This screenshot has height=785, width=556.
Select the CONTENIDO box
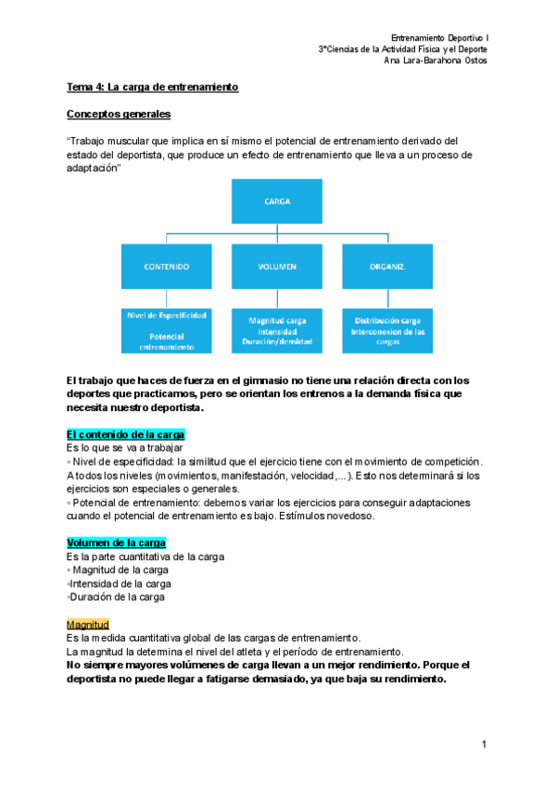tap(166, 267)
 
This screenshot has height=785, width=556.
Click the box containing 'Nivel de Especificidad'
tap(167, 330)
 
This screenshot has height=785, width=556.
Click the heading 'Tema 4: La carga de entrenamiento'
tap(153, 87)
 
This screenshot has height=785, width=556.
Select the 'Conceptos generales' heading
tap(118, 115)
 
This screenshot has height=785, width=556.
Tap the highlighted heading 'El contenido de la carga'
tap(126, 434)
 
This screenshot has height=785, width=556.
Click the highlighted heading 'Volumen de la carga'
tap(116, 542)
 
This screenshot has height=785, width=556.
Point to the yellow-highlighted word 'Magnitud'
tap(88, 625)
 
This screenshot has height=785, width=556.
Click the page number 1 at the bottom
tap(484, 744)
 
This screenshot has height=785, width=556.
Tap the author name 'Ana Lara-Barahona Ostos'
tap(436, 61)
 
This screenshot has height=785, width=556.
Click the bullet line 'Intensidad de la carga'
tap(119, 584)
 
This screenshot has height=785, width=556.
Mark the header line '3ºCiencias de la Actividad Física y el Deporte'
tap(403, 49)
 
